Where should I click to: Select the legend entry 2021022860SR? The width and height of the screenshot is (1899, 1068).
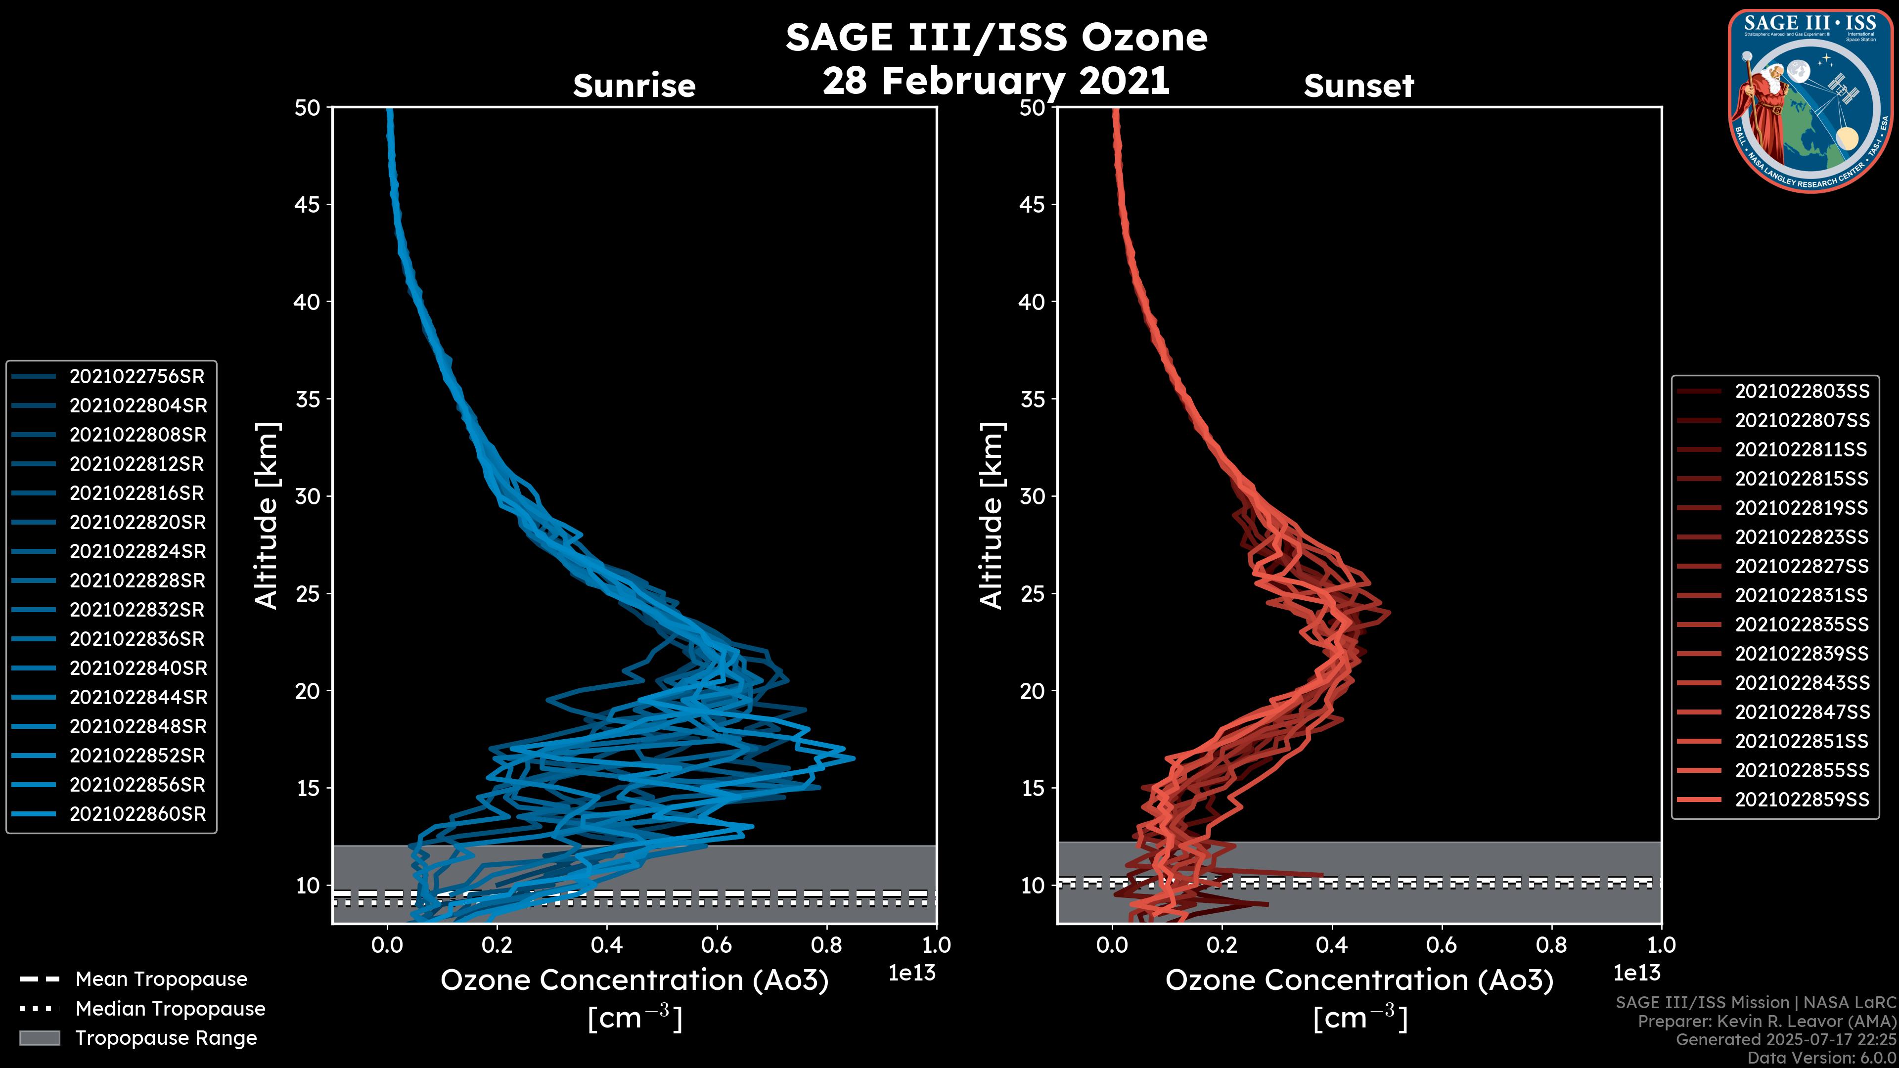click(137, 814)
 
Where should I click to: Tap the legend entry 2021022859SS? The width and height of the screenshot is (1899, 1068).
click(1802, 799)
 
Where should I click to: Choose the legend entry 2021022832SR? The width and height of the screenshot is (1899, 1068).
click(136, 610)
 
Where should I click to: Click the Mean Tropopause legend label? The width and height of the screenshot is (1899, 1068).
click(161, 979)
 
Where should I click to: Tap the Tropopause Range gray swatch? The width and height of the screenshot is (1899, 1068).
click(39, 1038)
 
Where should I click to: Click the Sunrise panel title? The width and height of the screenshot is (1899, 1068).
click(634, 86)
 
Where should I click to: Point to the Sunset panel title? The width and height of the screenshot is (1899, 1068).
click(1358, 86)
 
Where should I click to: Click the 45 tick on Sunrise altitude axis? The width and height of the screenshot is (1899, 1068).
click(308, 204)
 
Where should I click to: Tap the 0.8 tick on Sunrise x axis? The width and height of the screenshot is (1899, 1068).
click(826, 944)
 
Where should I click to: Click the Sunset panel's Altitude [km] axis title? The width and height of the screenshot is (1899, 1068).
click(992, 515)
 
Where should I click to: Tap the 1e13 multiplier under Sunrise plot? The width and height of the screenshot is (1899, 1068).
click(912, 973)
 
